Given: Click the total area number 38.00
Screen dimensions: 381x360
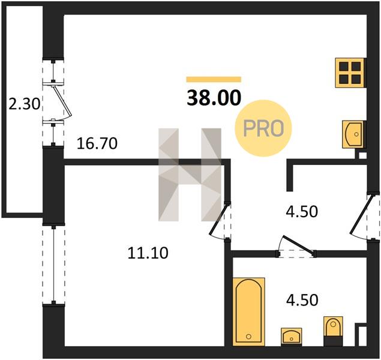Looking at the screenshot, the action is [214, 98].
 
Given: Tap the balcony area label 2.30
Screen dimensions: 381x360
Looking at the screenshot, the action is [24, 104].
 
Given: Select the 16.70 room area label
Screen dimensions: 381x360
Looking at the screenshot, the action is [97, 143].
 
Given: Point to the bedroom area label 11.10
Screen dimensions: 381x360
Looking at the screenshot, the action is [148, 253].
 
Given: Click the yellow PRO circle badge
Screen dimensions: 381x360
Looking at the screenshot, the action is [263, 128].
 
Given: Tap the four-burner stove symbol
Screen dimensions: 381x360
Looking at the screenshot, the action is [350, 73].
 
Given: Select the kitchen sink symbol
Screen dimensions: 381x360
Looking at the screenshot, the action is [353, 134].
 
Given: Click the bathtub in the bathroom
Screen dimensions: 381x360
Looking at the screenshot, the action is [248, 311].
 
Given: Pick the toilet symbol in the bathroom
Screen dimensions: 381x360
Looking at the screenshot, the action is [333, 331].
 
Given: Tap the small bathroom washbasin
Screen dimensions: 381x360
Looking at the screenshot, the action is [292, 337].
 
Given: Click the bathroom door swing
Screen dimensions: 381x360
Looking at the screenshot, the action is [297, 246].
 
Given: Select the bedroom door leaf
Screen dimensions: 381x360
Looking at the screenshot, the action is [219, 220].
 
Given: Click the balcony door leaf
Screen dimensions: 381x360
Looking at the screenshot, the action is [62, 101].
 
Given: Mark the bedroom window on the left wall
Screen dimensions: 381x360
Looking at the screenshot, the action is [53, 264].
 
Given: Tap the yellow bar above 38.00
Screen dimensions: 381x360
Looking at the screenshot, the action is [214, 79].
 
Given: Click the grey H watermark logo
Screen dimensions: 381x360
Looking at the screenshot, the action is [190, 175].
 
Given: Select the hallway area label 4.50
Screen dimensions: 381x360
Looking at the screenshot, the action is [302, 212].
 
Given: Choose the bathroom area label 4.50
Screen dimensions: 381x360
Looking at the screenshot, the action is [302, 300].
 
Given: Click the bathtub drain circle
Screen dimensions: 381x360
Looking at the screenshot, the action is [248, 337].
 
